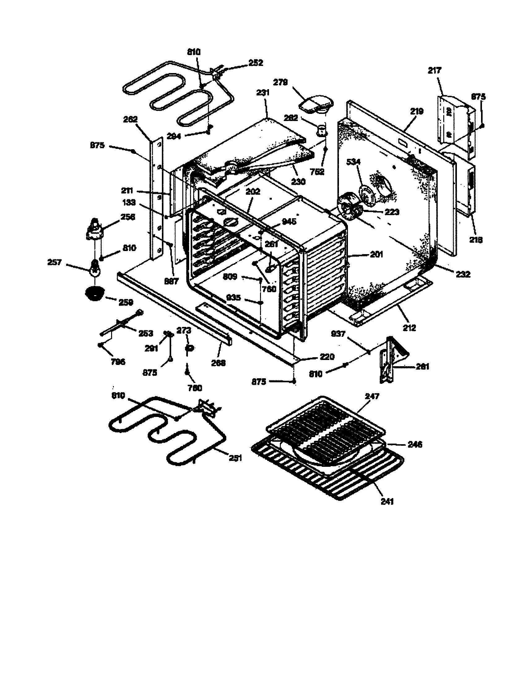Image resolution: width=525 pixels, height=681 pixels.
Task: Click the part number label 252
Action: coord(256,63)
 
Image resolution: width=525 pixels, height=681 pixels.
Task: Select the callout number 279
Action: coord(280,82)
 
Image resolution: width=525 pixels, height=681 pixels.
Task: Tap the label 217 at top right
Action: coord(434,71)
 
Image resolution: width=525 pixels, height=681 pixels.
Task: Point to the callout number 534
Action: coord(353,162)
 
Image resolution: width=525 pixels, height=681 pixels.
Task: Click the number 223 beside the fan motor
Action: coord(392,212)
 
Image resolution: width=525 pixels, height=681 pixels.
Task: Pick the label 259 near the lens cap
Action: coord(126,302)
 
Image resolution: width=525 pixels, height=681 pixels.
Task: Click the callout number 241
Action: coord(387,501)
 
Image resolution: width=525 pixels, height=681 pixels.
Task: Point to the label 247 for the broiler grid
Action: coord(372,396)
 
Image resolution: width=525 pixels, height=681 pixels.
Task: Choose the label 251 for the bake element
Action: coord(235,458)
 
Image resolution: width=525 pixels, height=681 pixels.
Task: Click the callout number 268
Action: coord(218,363)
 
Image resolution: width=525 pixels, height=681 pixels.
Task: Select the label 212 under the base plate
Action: coord(409,328)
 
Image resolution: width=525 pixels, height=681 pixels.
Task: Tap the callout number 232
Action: coord(463,274)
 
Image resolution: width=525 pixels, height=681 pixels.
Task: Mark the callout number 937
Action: coord(338,334)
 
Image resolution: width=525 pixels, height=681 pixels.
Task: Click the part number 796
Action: coord(118,362)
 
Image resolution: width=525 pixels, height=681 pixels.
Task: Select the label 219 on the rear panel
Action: coord(417,111)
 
